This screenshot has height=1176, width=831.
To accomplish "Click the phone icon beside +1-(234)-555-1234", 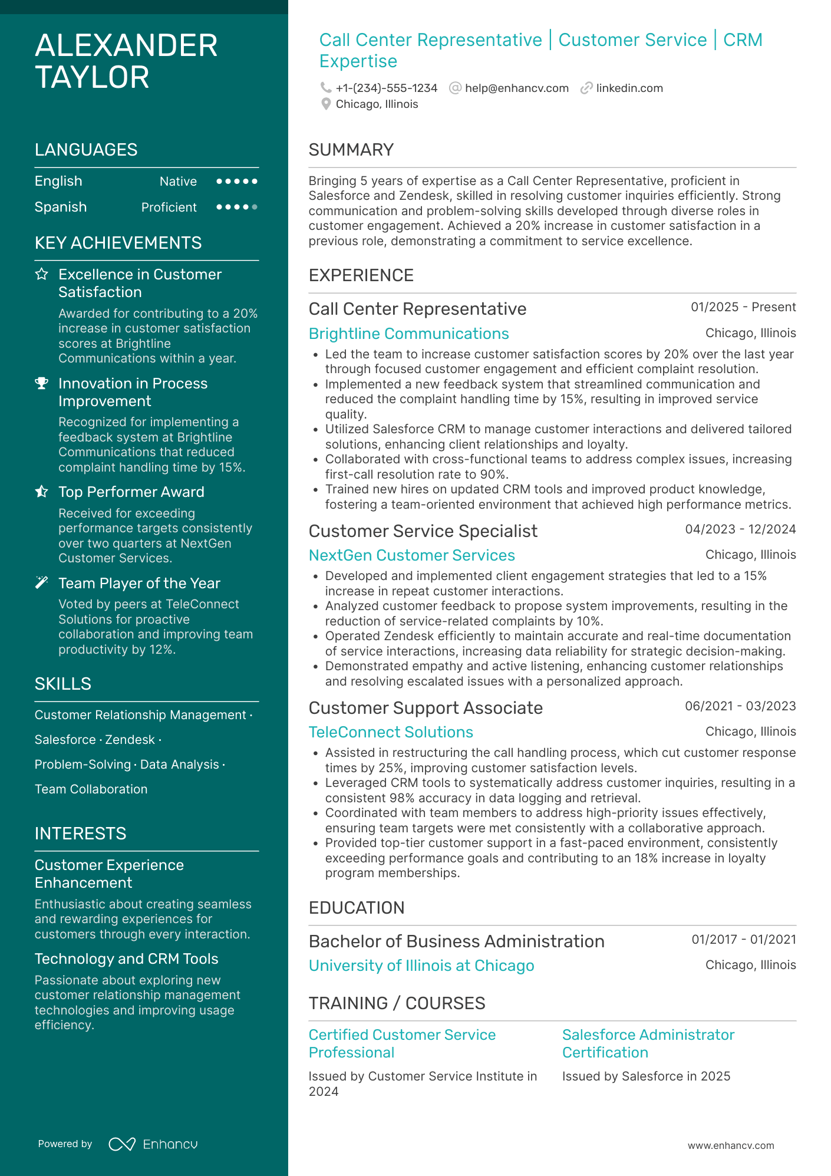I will point(325,88).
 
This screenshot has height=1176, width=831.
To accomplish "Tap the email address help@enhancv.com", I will point(516,88).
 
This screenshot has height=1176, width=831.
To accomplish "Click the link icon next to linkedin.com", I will point(586,88).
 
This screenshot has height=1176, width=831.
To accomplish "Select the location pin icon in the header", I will point(325,104).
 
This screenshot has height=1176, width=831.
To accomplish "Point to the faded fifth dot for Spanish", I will point(255,207).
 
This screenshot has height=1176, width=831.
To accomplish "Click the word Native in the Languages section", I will point(178,182).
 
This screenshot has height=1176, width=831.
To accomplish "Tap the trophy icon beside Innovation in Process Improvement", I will point(41,383).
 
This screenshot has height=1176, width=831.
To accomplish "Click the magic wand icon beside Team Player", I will point(41,583).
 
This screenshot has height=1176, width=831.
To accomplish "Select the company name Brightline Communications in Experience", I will point(408,334).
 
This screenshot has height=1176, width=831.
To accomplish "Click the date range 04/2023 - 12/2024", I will point(740,529).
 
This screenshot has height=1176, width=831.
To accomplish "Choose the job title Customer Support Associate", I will point(426,707).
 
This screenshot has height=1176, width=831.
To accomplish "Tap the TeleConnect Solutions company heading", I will point(391,732).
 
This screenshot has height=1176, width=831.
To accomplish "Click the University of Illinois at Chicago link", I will point(421,966).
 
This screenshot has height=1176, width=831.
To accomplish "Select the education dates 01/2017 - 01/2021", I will point(744,940).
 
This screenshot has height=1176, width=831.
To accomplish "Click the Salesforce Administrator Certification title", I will point(648,1043).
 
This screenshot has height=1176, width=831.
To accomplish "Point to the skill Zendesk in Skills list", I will point(130,740).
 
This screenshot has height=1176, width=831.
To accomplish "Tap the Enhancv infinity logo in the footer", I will point(122,1144).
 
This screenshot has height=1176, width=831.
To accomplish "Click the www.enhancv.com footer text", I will point(731,1145).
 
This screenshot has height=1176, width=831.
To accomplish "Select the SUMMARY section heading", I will point(351,150).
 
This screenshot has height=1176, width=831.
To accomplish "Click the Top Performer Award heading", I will point(131,492).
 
